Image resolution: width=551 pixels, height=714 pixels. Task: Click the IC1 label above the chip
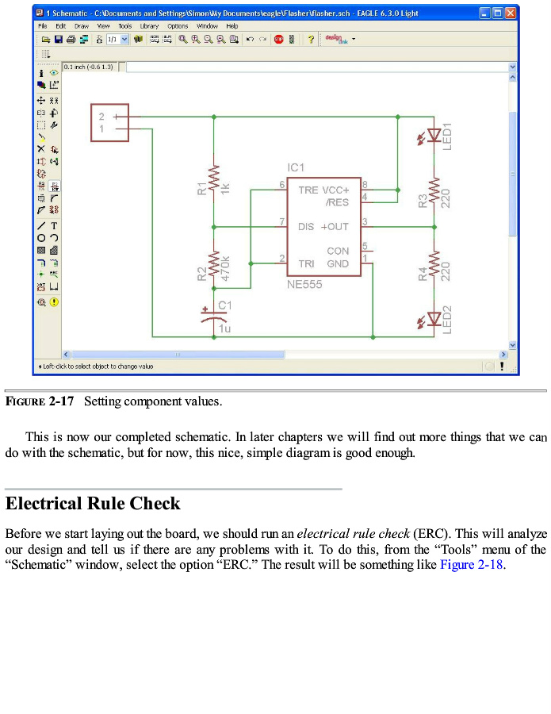(296, 167)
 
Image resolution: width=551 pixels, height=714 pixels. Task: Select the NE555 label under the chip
(304, 284)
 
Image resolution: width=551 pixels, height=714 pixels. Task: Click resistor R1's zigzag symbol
(213, 183)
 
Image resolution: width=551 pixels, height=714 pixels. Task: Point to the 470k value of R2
(226, 268)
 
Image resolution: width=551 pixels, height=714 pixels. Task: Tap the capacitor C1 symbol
(213, 315)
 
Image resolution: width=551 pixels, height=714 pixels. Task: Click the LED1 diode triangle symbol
(434, 135)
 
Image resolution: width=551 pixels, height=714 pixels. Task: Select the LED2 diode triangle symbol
(434, 319)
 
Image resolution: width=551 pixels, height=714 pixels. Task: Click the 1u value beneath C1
(225, 328)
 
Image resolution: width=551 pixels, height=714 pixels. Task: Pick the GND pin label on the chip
(338, 263)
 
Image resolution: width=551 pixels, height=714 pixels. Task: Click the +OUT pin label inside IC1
(335, 227)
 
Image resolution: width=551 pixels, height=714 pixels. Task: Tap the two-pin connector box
(109, 123)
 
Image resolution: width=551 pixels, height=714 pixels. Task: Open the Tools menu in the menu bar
(125, 26)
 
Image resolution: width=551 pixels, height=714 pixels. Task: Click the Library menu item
(149, 26)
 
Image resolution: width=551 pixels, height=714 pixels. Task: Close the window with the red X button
(511, 13)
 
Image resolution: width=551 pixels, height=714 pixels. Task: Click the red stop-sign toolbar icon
(279, 39)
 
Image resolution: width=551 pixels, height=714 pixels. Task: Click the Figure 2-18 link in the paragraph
(472, 565)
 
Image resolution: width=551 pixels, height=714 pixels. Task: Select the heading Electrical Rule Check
(93, 504)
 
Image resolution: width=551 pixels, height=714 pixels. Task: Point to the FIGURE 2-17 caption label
(40, 401)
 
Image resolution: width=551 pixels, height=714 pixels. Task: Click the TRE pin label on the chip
(308, 190)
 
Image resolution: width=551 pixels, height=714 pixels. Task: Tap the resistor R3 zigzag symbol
(434, 198)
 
